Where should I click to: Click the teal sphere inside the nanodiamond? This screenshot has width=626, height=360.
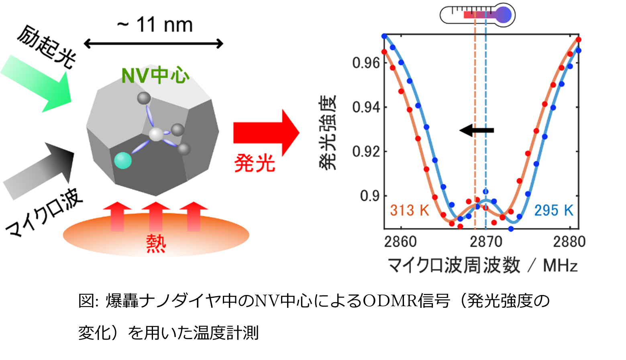click(123, 160)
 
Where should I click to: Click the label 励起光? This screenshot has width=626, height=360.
click(46, 47)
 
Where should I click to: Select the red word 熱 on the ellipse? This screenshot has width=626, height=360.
click(156, 243)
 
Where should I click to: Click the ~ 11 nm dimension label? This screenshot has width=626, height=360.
click(155, 25)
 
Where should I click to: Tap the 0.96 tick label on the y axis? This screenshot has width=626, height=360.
click(365, 63)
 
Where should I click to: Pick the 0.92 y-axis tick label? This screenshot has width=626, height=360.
click(365, 152)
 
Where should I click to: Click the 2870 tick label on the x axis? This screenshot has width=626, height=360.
click(486, 242)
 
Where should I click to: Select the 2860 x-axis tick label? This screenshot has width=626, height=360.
click(400, 242)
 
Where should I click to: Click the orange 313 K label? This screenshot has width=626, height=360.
click(409, 210)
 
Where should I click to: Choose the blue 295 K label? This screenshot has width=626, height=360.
click(553, 210)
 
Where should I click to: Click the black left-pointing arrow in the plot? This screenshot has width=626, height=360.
click(477, 130)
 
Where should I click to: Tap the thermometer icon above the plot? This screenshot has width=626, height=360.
click(477, 15)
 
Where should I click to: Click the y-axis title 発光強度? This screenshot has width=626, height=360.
click(328, 132)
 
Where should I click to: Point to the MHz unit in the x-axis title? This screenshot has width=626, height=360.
click(560, 266)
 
